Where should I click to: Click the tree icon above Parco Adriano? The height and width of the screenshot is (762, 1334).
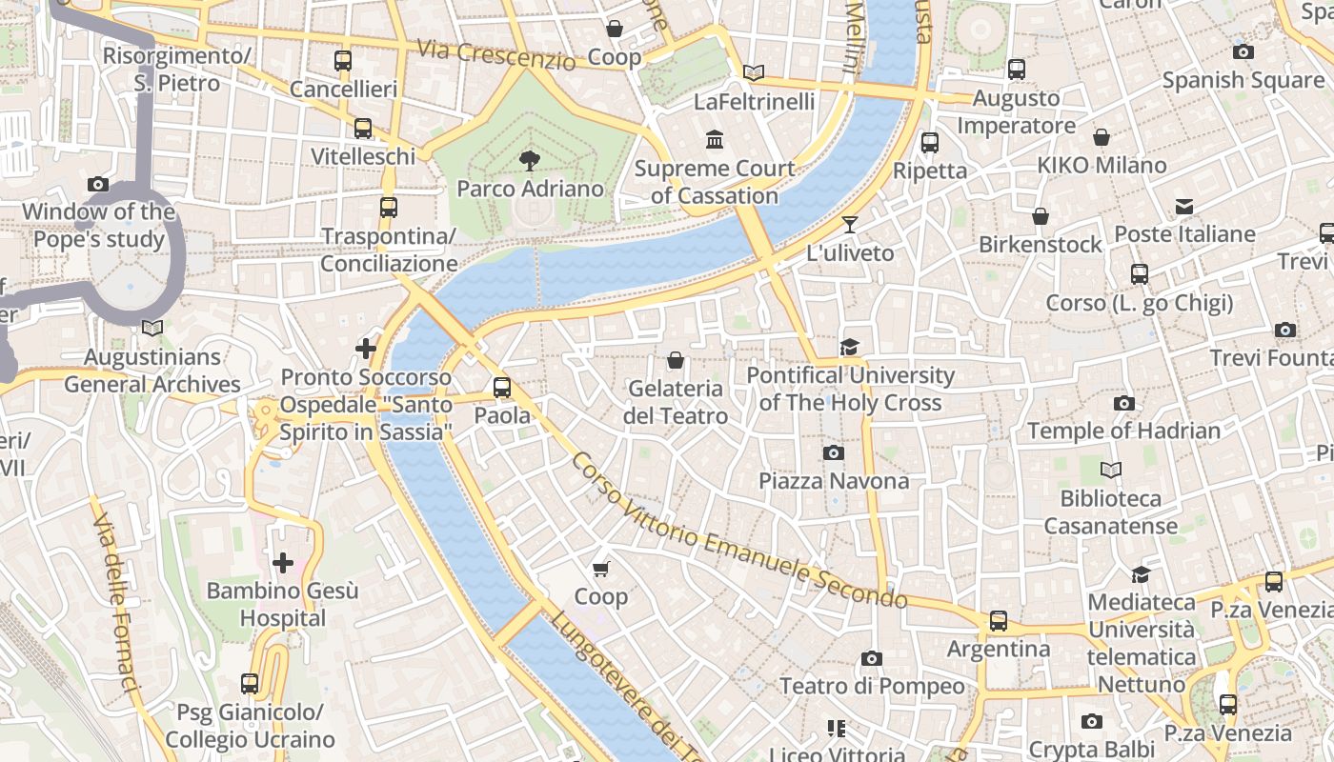coord(529,160)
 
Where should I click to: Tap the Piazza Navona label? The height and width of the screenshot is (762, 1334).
coord(834,481)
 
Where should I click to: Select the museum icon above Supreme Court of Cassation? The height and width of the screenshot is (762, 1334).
coord(715,140)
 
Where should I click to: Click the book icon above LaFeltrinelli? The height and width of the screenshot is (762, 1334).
coord(754,72)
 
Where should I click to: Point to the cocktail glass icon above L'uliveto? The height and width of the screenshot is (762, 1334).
coord(850,225)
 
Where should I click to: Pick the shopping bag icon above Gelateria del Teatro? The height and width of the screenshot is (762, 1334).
coord(676,360)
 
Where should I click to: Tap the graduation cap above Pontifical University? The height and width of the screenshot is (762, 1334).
coord(849,347)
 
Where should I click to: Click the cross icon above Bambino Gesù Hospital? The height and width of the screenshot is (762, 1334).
coord(283,563)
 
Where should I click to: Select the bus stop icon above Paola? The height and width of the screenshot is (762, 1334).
coord(502,388)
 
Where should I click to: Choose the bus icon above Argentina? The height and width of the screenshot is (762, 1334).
coord(999,621)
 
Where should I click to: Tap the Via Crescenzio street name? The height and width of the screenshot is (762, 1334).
coord(496,55)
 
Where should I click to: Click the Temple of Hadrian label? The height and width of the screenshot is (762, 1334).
coord(1123,431)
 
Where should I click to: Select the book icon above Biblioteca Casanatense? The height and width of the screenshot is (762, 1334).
coord(1111,470)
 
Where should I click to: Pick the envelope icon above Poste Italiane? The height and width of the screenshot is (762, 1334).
coord(1184,206)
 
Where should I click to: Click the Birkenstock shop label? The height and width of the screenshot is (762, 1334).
coord(1041,245)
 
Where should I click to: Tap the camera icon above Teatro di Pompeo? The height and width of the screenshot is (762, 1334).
coord(872,658)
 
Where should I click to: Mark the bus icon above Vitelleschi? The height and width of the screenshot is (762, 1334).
coord(363,129)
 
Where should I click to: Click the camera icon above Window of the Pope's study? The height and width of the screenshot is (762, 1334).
coord(98,184)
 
